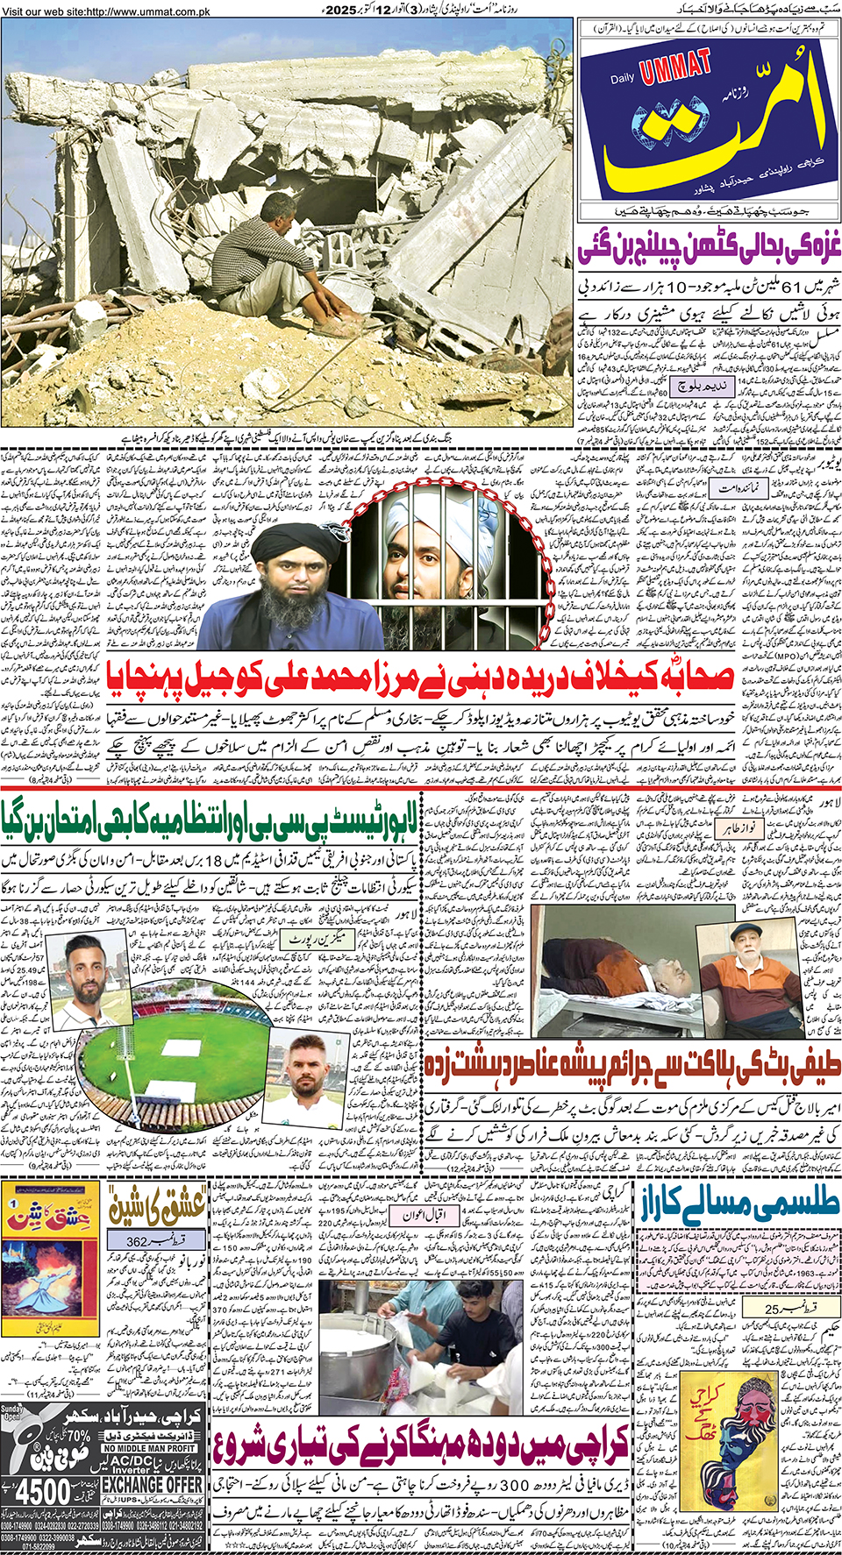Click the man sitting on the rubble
[x=264, y=263]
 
